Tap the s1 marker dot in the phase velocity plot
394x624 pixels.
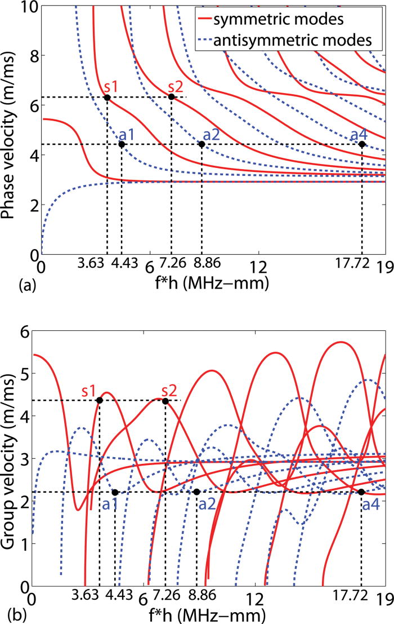[x=107, y=98]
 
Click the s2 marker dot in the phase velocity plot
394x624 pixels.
[x=172, y=97]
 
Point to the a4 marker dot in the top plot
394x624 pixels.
[x=362, y=144]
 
